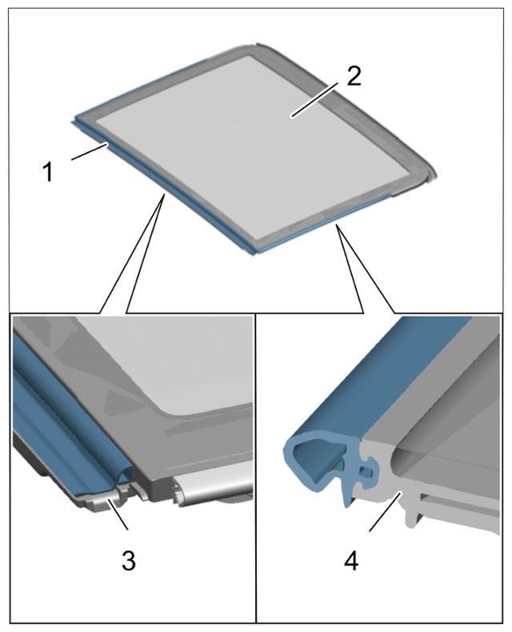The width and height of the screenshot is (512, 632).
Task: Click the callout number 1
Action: [x=49, y=172]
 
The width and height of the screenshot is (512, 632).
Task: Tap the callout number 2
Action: [x=354, y=76]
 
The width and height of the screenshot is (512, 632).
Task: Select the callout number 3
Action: [x=129, y=560]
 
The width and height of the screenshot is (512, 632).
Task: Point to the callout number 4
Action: [x=351, y=560]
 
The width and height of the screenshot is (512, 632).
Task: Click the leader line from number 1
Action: [x=90, y=152]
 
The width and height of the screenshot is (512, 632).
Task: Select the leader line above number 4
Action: [x=385, y=511]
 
